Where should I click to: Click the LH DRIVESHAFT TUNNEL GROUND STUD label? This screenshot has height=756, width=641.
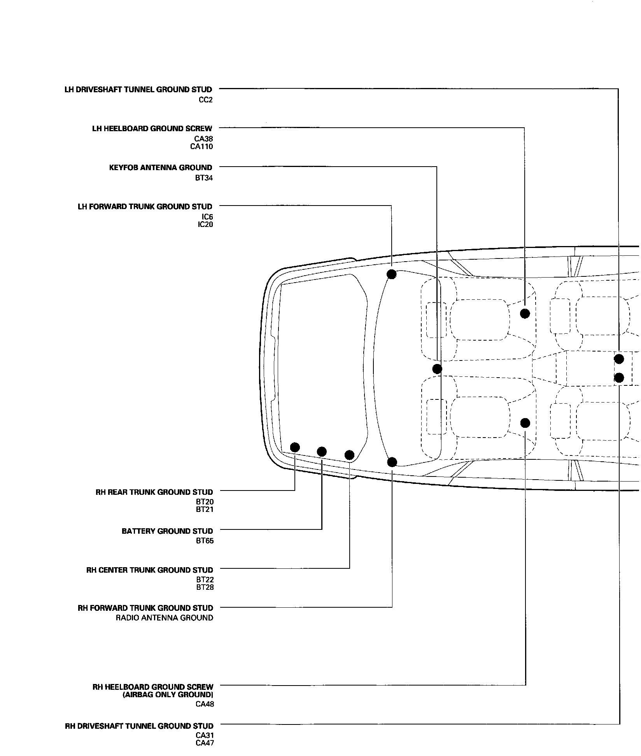[x=138, y=90]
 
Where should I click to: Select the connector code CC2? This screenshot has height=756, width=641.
[x=205, y=100]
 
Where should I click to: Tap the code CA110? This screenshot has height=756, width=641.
[x=201, y=146]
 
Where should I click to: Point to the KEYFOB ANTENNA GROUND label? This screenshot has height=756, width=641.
[x=161, y=168]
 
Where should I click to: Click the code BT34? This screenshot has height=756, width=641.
[x=204, y=178]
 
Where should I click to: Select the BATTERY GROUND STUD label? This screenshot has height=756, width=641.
[x=167, y=531]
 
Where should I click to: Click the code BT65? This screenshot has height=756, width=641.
[x=205, y=541]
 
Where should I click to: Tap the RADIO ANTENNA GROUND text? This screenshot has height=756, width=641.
[x=165, y=618]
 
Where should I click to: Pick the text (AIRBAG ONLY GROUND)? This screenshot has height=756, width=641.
[x=168, y=695]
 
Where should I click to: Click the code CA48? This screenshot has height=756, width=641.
[x=205, y=704]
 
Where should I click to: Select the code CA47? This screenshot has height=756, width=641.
[x=205, y=743]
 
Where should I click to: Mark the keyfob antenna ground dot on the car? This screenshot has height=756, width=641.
[x=437, y=369]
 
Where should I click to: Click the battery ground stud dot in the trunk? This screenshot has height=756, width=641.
[x=322, y=452]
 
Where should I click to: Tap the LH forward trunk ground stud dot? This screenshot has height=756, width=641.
[x=392, y=274]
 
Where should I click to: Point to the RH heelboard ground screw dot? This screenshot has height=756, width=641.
[x=525, y=423]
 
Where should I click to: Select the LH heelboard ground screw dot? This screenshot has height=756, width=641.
[x=525, y=313]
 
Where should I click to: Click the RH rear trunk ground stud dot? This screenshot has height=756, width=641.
[x=295, y=447]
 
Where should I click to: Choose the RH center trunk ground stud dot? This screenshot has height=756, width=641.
[x=349, y=455]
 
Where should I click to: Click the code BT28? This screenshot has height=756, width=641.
[x=205, y=587]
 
